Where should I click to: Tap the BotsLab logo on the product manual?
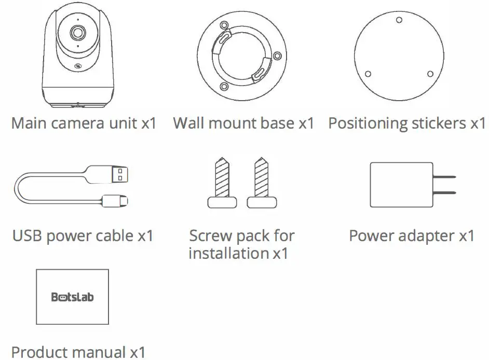click(73, 297)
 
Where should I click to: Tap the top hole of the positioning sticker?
click(399, 20)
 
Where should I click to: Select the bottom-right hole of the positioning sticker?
click(430, 73)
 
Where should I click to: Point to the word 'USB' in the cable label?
click(26, 236)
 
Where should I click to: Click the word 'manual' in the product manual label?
click(96, 352)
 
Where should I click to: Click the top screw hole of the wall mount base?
click(224, 24)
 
